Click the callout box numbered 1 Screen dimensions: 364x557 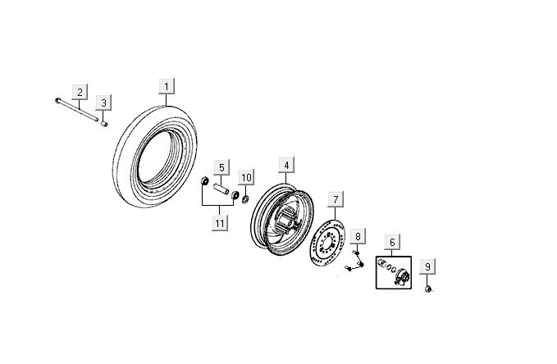tap(167, 86)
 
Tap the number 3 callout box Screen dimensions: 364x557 tap(103, 102)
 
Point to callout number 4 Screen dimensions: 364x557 tap(285, 166)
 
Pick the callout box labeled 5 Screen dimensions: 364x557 tap(221, 168)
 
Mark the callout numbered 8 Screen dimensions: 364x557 tap(358, 238)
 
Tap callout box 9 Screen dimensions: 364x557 tap(427, 266)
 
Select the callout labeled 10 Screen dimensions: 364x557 tap(246, 177)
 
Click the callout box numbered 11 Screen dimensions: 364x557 tap(219, 222)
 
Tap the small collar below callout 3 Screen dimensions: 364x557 tap(104, 124)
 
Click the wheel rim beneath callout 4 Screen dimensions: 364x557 tap(282, 217)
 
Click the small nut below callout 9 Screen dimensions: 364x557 tap(428, 289)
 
